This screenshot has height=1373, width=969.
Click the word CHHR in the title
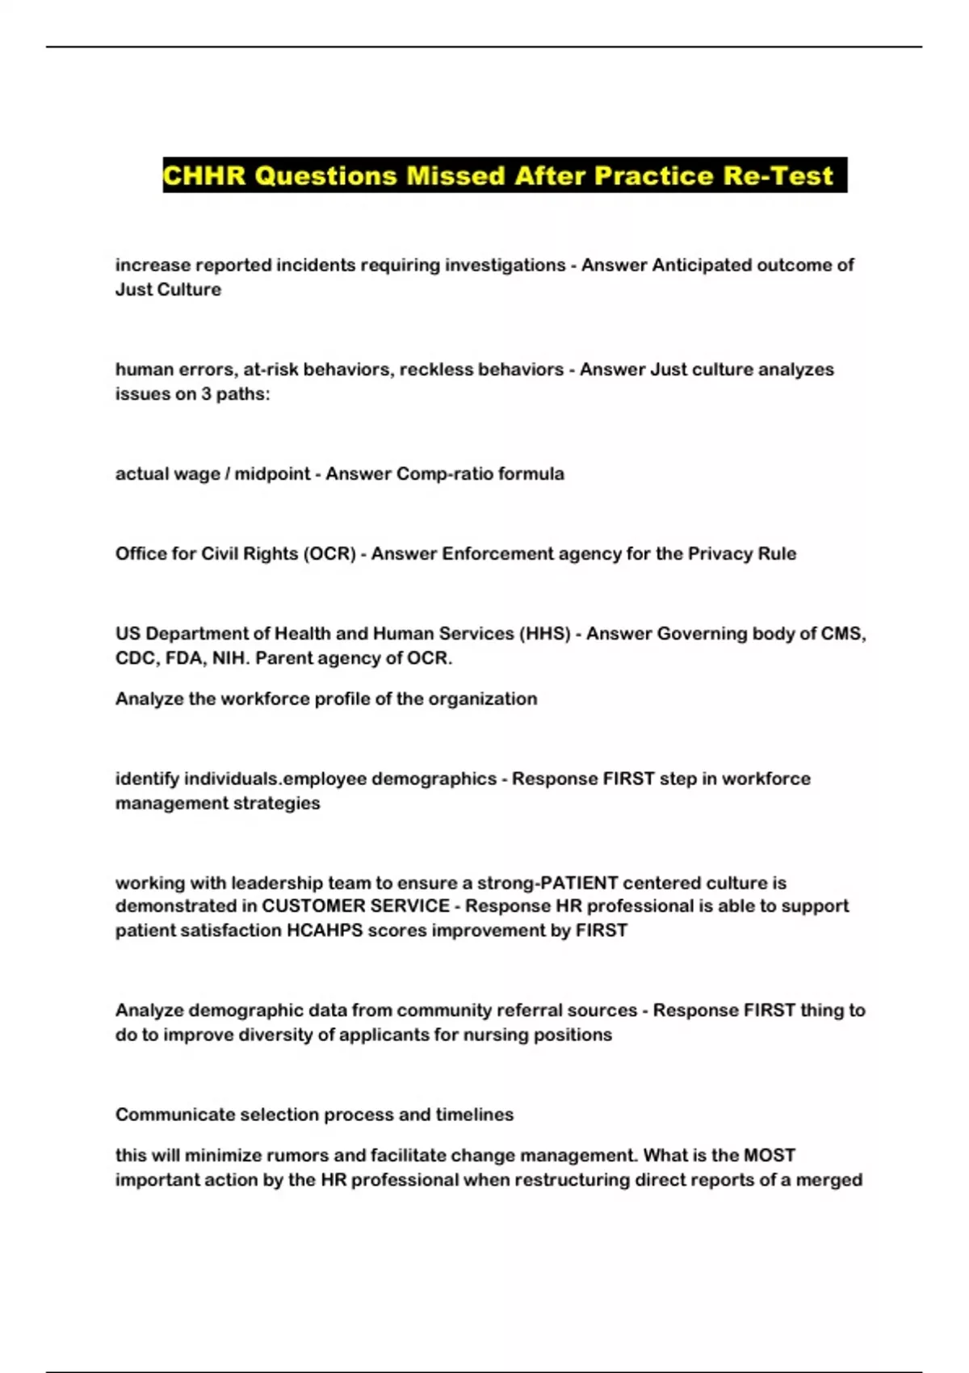(x=204, y=175)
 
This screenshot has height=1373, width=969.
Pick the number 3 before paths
(x=203, y=394)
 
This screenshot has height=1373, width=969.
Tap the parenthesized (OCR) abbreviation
(x=329, y=554)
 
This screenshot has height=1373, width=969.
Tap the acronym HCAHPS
(x=325, y=930)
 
